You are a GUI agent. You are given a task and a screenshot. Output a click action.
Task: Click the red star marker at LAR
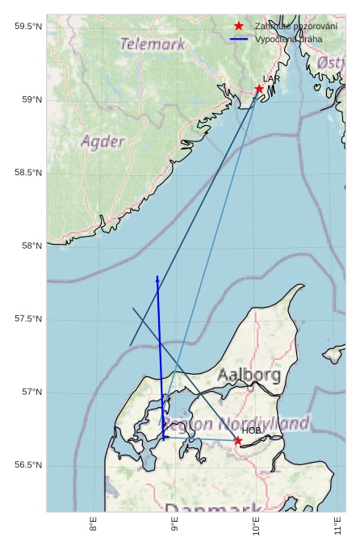pyautogui.click(x=259, y=89)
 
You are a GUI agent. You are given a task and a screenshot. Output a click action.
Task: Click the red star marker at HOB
pyautogui.click(x=237, y=440)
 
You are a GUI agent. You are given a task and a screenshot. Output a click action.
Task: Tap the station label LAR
pyautogui.click(x=271, y=78)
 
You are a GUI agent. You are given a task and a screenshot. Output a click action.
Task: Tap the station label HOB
pyautogui.click(x=252, y=430)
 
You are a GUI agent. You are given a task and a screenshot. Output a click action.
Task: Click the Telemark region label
pyautogui.click(x=153, y=44)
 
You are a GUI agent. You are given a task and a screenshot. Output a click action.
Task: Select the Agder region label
pyautogui.click(x=103, y=142)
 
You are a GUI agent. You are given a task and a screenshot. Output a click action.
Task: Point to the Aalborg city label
pyautogui.click(x=249, y=375)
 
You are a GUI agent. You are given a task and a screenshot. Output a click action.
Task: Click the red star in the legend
pyautogui.click(x=238, y=27)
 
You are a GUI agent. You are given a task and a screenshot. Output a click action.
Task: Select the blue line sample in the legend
pyautogui.click(x=238, y=39)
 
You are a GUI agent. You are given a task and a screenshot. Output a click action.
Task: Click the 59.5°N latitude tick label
pyautogui.click(x=28, y=27)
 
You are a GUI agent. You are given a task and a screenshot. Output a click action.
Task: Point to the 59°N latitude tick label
pyautogui.click(x=31, y=100)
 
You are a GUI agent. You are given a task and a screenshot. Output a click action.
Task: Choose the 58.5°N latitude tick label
pyautogui.click(x=28, y=173)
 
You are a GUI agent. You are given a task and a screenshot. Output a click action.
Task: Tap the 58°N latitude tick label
pyautogui.click(x=31, y=246)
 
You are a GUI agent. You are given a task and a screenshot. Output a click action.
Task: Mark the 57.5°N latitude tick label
pyautogui.click(x=28, y=319)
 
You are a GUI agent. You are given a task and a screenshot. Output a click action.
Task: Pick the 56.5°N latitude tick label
pyautogui.click(x=28, y=465)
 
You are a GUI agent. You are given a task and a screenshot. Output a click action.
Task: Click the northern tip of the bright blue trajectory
pyautogui.click(x=157, y=277)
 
